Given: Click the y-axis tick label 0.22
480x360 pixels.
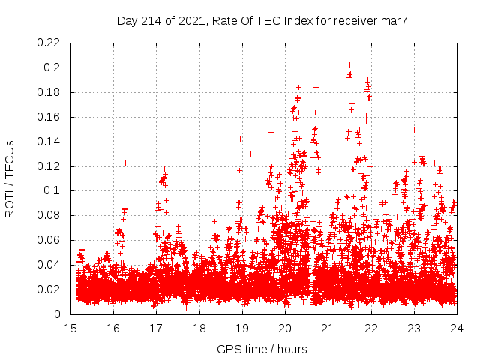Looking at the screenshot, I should pyautogui.click(x=49, y=43).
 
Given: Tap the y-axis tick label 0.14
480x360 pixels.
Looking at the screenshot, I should pyautogui.click(x=49, y=142).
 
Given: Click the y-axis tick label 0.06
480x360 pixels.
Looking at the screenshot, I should pyautogui.click(x=49, y=241).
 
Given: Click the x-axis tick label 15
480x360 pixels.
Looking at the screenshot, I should pyautogui.click(x=71, y=328).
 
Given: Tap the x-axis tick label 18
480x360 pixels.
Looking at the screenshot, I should pyautogui.click(x=199, y=328).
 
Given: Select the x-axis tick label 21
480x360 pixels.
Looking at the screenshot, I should pyautogui.click(x=328, y=328).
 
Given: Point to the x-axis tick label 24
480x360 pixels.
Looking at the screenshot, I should pyautogui.click(x=456, y=328).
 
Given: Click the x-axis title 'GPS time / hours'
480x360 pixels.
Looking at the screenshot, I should pyautogui.click(x=262, y=349).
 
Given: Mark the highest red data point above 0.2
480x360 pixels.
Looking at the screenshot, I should pyautogui.click(x=349, y=65).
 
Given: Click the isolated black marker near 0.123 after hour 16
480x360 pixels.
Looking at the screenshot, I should pyautogui.click(x=125, y=163).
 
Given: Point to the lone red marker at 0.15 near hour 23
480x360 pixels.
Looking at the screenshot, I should pyautogui.click(x=414, y=130).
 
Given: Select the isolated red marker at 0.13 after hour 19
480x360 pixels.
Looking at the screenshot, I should pyautogui.click(x=250, y=154).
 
